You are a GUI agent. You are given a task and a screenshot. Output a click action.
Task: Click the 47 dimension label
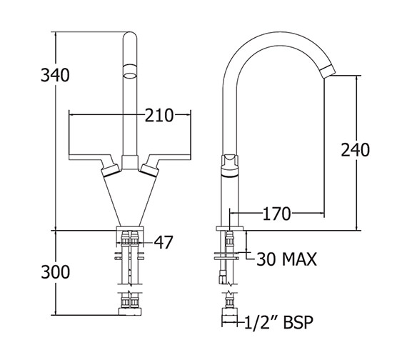[164, 243]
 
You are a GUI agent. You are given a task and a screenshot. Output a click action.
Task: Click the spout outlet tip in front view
[129, 71]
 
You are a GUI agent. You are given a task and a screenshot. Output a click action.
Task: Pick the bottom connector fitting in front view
[129, 305]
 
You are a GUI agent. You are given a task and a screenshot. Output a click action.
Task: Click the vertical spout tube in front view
[129, 114]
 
